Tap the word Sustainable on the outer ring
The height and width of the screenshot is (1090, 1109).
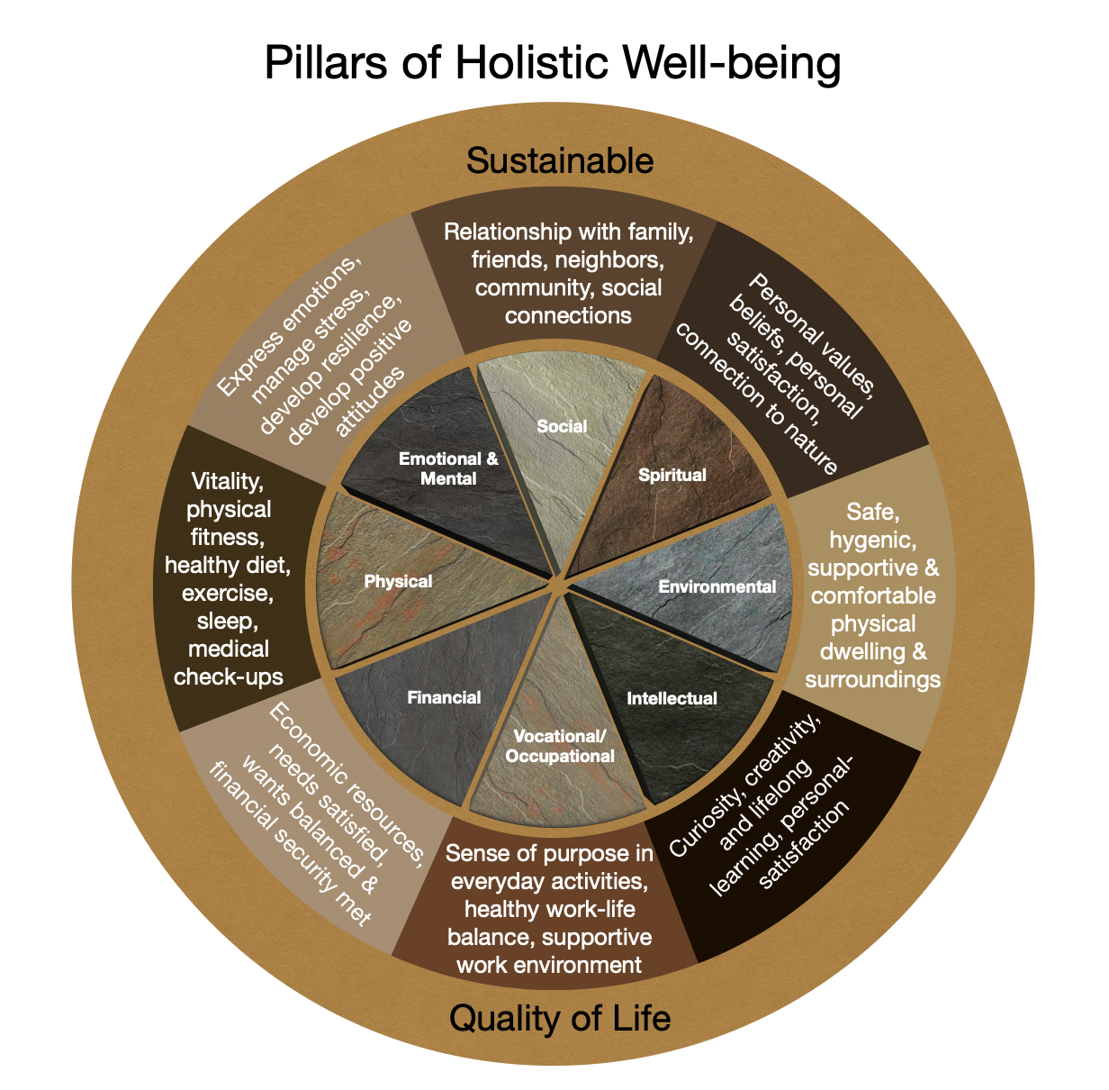559,161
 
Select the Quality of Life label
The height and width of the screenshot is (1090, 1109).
559,1018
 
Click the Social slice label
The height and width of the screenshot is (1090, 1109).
562,426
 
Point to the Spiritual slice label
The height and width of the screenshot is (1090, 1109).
672,475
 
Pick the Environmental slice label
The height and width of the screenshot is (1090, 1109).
717,587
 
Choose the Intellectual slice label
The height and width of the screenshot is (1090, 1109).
672,698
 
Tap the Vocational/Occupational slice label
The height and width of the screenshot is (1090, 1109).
560,746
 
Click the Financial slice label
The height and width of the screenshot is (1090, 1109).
444,697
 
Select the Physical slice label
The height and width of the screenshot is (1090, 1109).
398,582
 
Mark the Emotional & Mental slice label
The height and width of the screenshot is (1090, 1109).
448,468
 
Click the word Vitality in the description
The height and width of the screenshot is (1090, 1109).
228,482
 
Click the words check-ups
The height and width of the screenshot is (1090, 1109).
229,677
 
